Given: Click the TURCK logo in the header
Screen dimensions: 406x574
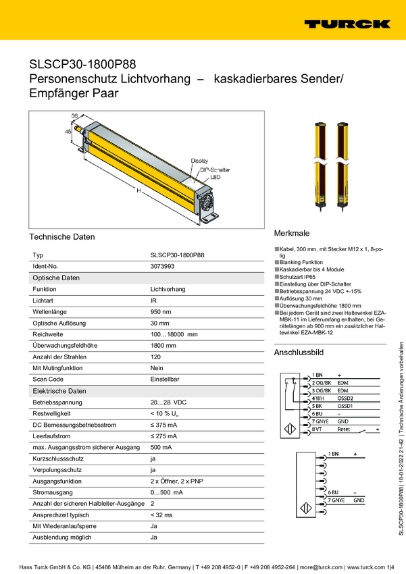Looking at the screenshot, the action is click(x=347, y=24).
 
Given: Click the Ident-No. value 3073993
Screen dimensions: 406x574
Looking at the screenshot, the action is click(x=163, y=267).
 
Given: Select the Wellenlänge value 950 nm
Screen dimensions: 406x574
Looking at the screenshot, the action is click(x=161, y=311).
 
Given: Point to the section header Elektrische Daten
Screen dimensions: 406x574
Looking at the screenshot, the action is click(x=59, y=391).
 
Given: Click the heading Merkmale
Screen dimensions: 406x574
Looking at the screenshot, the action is click(x=291, y=233).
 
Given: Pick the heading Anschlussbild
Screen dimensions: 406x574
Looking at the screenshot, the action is click(x=299, y=353).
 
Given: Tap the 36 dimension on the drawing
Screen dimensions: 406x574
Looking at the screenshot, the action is click(x=75, y=116).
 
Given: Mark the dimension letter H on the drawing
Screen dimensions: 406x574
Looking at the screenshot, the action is click(x=138, y=192).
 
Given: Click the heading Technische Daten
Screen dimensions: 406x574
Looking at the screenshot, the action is click(x=62, y=237).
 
